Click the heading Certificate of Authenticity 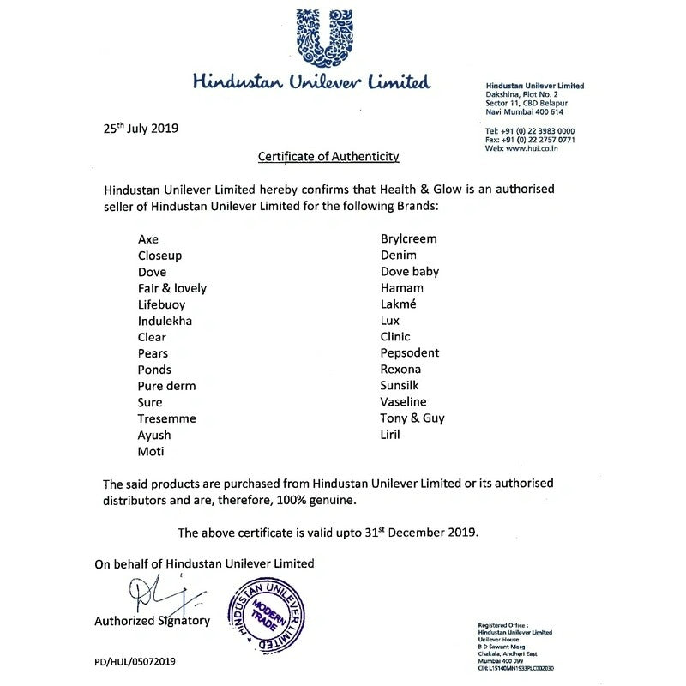pos(329,157)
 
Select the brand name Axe pos(148,239)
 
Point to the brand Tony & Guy pos(412,418)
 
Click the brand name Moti pos(150,451)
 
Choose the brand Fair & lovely pos(172,288)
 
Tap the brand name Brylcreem pos(409,239)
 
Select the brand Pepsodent pos(410,352)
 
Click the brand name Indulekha pos(165,321)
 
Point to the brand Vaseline pos(404,401)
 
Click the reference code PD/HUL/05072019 pos(141,662)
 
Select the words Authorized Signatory pos(151,620)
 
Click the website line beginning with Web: pos(522,148)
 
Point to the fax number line pos(530,139)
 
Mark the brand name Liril pos(391,434)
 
